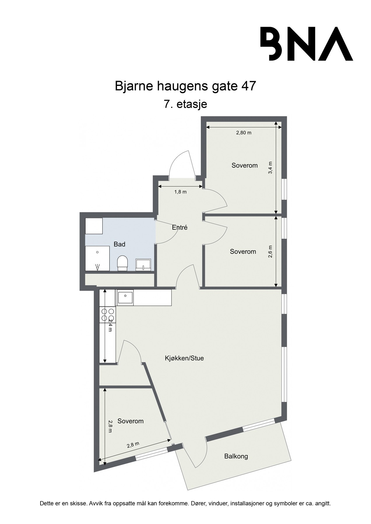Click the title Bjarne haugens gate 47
click(x=185, y=86)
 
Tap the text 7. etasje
click(x=185, y=104)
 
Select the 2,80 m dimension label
click(x=244, y=133)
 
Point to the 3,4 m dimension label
click(x=270, y=168)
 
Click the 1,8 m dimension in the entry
click(x=180, y=192)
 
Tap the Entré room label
click(x=180, y=228)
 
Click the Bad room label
click(x=119, y=244)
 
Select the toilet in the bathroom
click(x=122, y=262)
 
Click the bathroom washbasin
click(x=143, y=264)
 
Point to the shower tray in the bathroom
click(x=97, y=258)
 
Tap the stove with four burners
click(x=107, y=315)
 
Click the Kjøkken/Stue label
click(x=184, y=358)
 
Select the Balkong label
click(x=236, y=456)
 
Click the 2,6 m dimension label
click(x=270, y=251)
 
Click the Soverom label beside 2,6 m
click(x=243, y=252)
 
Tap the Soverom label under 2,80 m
click(x=245, y=165)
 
